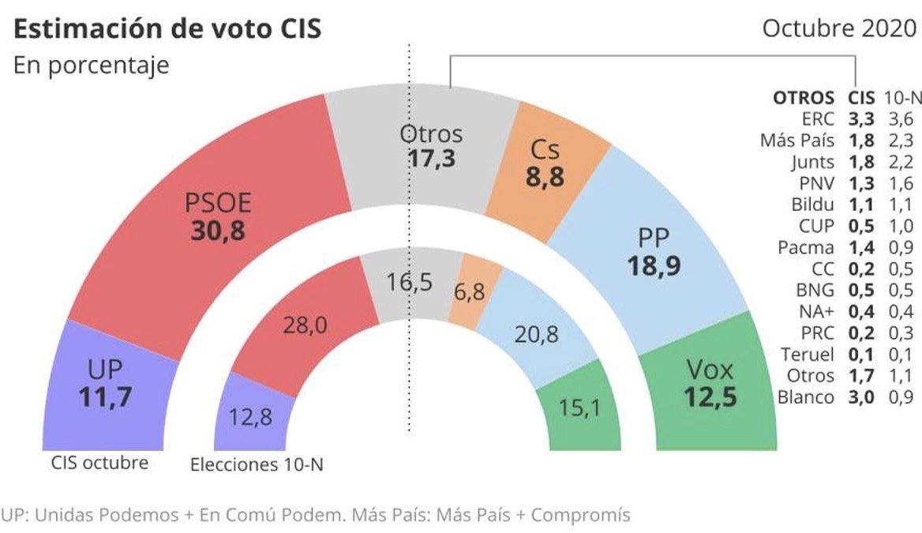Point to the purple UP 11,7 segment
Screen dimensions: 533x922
pyautogui.click(x=107, y=383)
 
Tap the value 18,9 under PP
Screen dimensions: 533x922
pyautogui.click(x=654, y=265)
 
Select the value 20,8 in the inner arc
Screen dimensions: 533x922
pyautogui.click(x=537, y=334)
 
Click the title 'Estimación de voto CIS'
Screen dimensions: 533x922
pyautogui.click(x=167, y=29)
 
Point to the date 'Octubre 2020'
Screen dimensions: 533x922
pyautogui.click(x=839, y=28)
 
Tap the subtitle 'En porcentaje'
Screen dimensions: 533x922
pyautogui.click(x=91, y=65)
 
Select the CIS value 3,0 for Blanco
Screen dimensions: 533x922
pyautogui.click(x=860, y=396)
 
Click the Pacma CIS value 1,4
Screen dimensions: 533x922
pyautogui.click(x=860, y=247)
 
